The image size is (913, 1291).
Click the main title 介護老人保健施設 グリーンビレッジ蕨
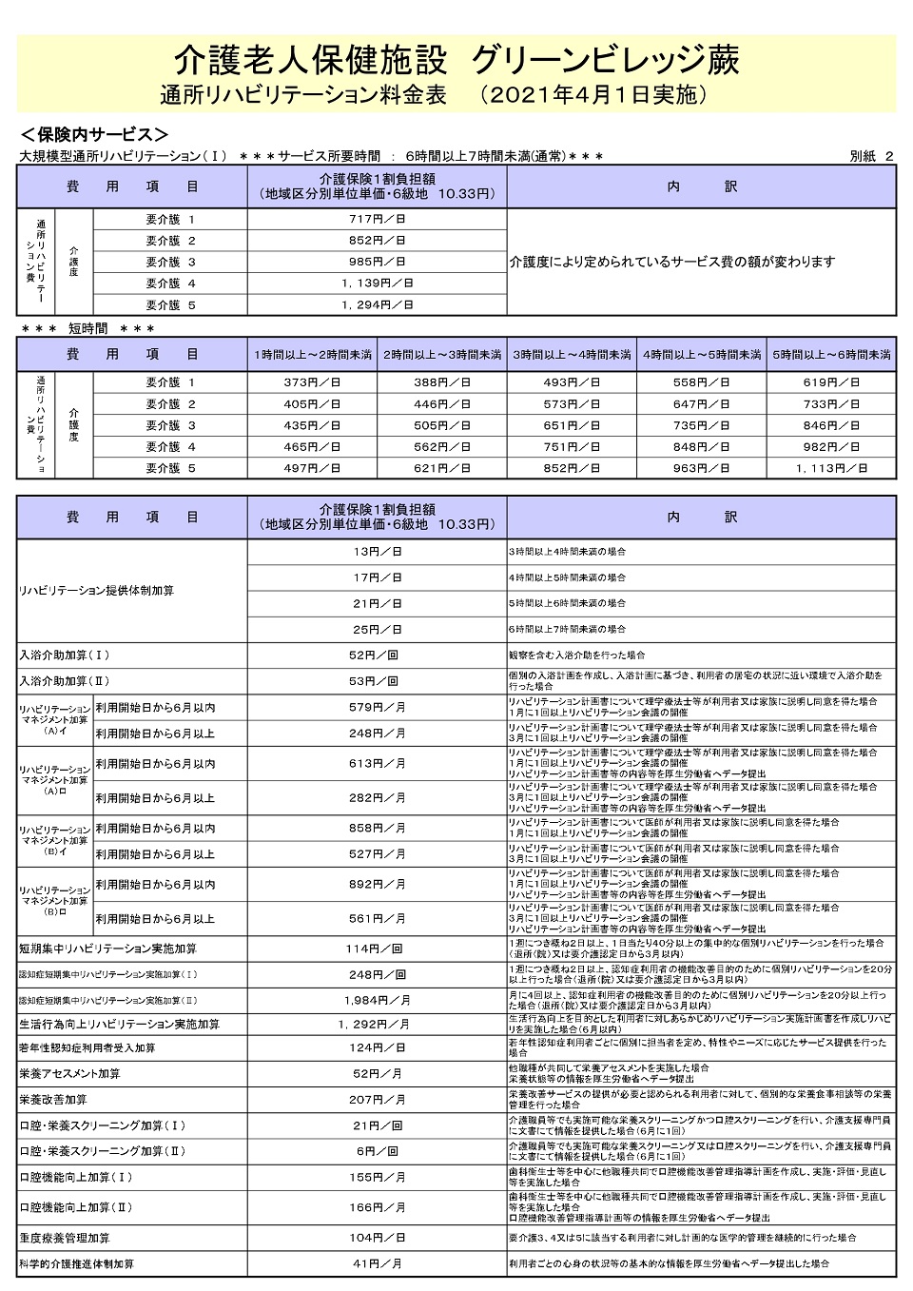click(456, 61)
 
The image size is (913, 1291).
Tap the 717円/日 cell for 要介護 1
click(377, 220)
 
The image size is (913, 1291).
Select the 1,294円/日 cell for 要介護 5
click(377, 305)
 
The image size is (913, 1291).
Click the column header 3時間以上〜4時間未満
click(572, 355)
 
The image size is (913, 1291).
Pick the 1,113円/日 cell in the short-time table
click(831, 468)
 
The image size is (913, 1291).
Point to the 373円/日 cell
click(312, 382)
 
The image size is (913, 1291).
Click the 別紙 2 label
click(871, 156)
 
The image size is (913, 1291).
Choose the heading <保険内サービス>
click(94, 134)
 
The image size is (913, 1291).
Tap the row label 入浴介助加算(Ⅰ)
click(65, 655)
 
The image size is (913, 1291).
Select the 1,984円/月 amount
click(377, 1000)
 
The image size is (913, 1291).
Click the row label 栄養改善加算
click(53, 1100)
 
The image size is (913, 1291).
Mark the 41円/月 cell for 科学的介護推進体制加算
click(377, 1263)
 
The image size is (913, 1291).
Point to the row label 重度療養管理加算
click(65, 1238)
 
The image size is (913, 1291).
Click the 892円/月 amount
click(377, 885)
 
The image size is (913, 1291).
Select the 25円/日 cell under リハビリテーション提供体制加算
click(377, 630)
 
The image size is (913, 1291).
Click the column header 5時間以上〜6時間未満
click(831, 355)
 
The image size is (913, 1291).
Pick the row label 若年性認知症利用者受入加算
click(87, 1048)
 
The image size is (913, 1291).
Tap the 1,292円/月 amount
click(377, 1025)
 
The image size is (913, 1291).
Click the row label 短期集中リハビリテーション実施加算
click(107, 949)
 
